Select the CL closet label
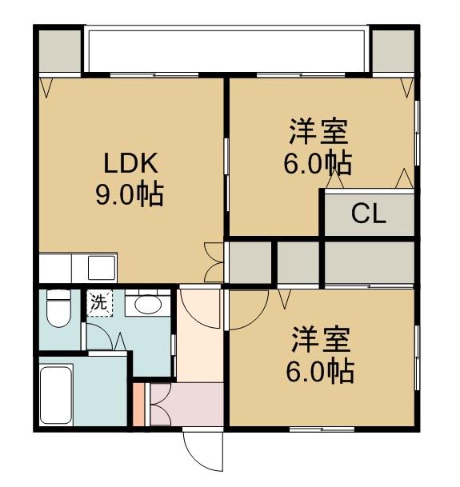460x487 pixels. point(369,214)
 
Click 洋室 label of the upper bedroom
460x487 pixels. point(318,130)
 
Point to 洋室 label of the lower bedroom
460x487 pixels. point(318,340)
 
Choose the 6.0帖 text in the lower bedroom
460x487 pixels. point(318,371)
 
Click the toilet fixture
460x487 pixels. point(58,308)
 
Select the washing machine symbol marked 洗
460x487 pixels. point(98,304)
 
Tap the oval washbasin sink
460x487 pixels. point(146,304)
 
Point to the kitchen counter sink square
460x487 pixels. point(102,265)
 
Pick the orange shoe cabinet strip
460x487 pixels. point(138,405)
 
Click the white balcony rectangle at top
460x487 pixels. point(226,50)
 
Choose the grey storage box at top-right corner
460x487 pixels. point(393,50)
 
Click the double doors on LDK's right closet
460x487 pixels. point(214,262)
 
